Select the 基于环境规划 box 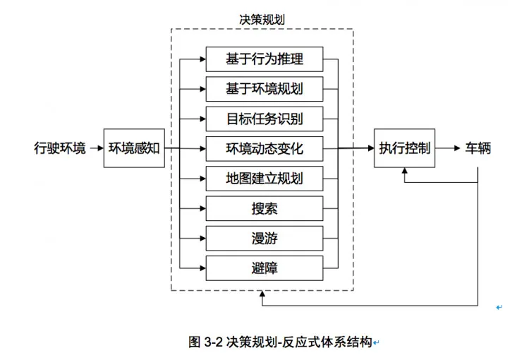coord(265,89)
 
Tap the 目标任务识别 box coord(265,119)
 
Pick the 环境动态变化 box coord(265,148)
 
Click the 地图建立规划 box coord(265,178)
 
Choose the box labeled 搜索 coord(265,208)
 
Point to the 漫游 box coord(265,238)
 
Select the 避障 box coord(265,268)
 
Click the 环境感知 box coord(135,148)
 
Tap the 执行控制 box coord(404,148)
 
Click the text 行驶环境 coord(60,148)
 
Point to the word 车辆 coord(478,148)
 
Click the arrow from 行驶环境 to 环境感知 coord(96,148)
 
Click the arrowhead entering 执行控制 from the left coord(370,148)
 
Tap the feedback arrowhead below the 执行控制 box coord(404,172)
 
